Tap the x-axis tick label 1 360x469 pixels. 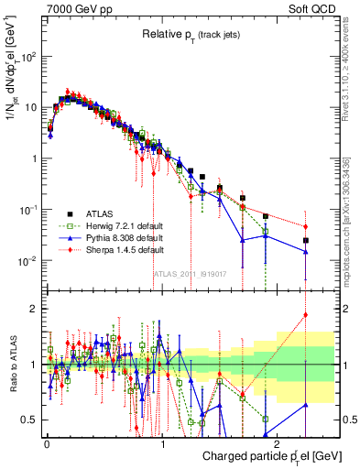click(x=161, y=441)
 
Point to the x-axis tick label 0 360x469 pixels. click(x=47, y=441)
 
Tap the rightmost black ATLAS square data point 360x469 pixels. click(x=306, y=241)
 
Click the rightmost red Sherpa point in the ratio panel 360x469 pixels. click(x=306, y=314)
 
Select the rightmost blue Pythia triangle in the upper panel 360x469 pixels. click(x=306, y=252)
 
